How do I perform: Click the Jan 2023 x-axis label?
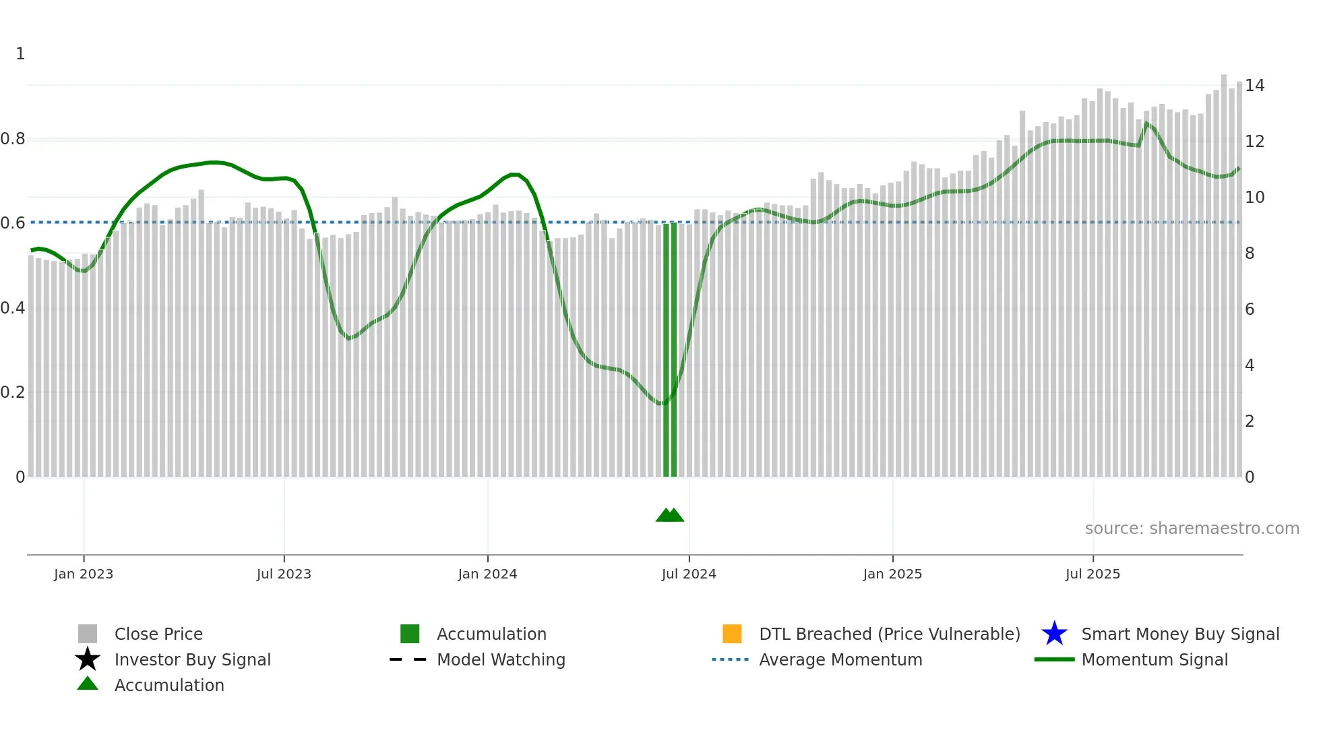pos(84,574)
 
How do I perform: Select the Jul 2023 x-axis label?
pos(284,574)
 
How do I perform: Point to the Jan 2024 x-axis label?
pos(487,574)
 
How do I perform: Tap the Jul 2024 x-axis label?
pos(689,574)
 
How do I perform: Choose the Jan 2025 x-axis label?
pos(892,574)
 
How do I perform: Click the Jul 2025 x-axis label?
pos(1093,574)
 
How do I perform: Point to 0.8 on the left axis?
pos(13,140)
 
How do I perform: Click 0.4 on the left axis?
pos(13,309)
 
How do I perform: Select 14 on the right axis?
pos(1254,86)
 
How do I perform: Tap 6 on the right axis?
pos(1250,309)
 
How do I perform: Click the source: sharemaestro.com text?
pos(1192,529)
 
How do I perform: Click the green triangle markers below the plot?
pos(670,515)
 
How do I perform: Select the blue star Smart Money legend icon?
pos(1054,634)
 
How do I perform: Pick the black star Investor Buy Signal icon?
pos(88,659)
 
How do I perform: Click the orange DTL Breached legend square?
pos(732,634)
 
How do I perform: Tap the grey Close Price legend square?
pos(88,634)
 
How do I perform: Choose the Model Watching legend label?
pos(501,660)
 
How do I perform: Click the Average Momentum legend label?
pos(840,660)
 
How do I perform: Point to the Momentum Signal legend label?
pos(1155,660)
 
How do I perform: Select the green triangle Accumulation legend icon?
pos(88,684)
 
